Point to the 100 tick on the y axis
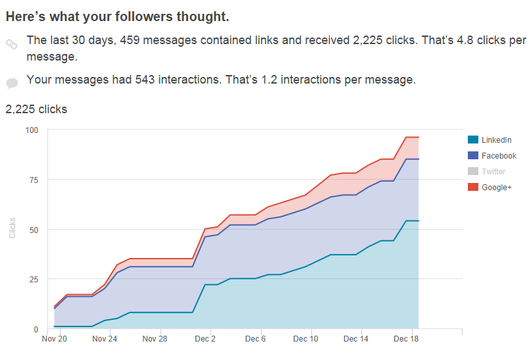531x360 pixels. [x=32, y=130]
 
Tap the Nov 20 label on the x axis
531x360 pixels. [x=55, y=340]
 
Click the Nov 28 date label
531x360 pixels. [x=155, y=340]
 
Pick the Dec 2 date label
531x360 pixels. [x=205, y=340]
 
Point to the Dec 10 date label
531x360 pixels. [x=305, y=340]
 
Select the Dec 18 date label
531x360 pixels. [x=406, y=340]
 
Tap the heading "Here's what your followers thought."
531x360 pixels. [x=118, y=15]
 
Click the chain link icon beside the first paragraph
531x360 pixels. [x=12, y=44]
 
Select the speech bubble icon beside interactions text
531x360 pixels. [x=12, y=83]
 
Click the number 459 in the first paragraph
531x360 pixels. [x=130, y=41]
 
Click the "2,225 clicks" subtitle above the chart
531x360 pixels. [x=36, y=109]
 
